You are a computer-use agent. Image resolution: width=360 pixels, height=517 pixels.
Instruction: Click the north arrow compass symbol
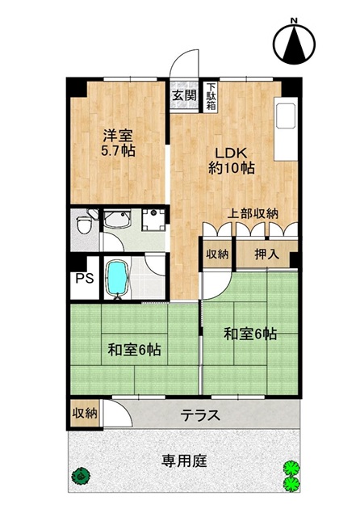click(294, 42)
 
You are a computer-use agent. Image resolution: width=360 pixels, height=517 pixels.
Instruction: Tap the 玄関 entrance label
click(185, 95)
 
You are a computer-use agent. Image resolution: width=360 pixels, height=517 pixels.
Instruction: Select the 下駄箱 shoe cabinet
click(211, 96)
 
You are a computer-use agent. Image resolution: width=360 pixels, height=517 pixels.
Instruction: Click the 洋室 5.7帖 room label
click(118, 143)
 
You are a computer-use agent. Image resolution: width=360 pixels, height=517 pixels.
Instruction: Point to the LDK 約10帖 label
click(231, 161)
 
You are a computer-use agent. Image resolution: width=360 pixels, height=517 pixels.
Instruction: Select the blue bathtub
click(117, 278)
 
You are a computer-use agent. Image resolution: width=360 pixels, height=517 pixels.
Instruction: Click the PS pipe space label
click(85, 278)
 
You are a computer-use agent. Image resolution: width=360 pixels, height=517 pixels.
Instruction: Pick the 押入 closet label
click(267, 254)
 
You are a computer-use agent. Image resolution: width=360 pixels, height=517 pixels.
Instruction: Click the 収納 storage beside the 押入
click(217, 254)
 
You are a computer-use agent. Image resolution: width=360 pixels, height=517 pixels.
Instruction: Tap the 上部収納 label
click(253, 213)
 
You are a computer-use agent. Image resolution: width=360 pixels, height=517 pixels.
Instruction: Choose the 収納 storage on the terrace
click(86, 413)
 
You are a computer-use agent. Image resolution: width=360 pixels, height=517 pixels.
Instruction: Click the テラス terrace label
click(201, 414)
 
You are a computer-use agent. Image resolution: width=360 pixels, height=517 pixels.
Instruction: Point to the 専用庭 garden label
click(184, 460)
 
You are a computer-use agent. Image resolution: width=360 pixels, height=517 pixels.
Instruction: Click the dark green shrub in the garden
click(81, 476)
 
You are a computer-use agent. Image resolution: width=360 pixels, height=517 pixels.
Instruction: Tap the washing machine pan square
click(153, 220)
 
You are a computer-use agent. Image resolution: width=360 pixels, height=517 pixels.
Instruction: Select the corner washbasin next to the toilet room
click(118, 219)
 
